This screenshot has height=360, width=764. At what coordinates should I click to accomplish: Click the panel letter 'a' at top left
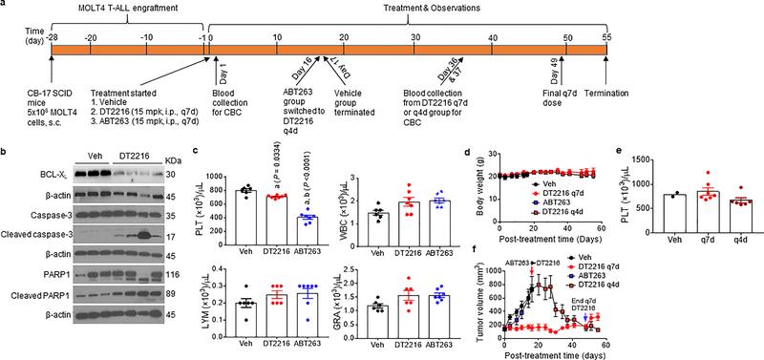pos(5,6)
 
